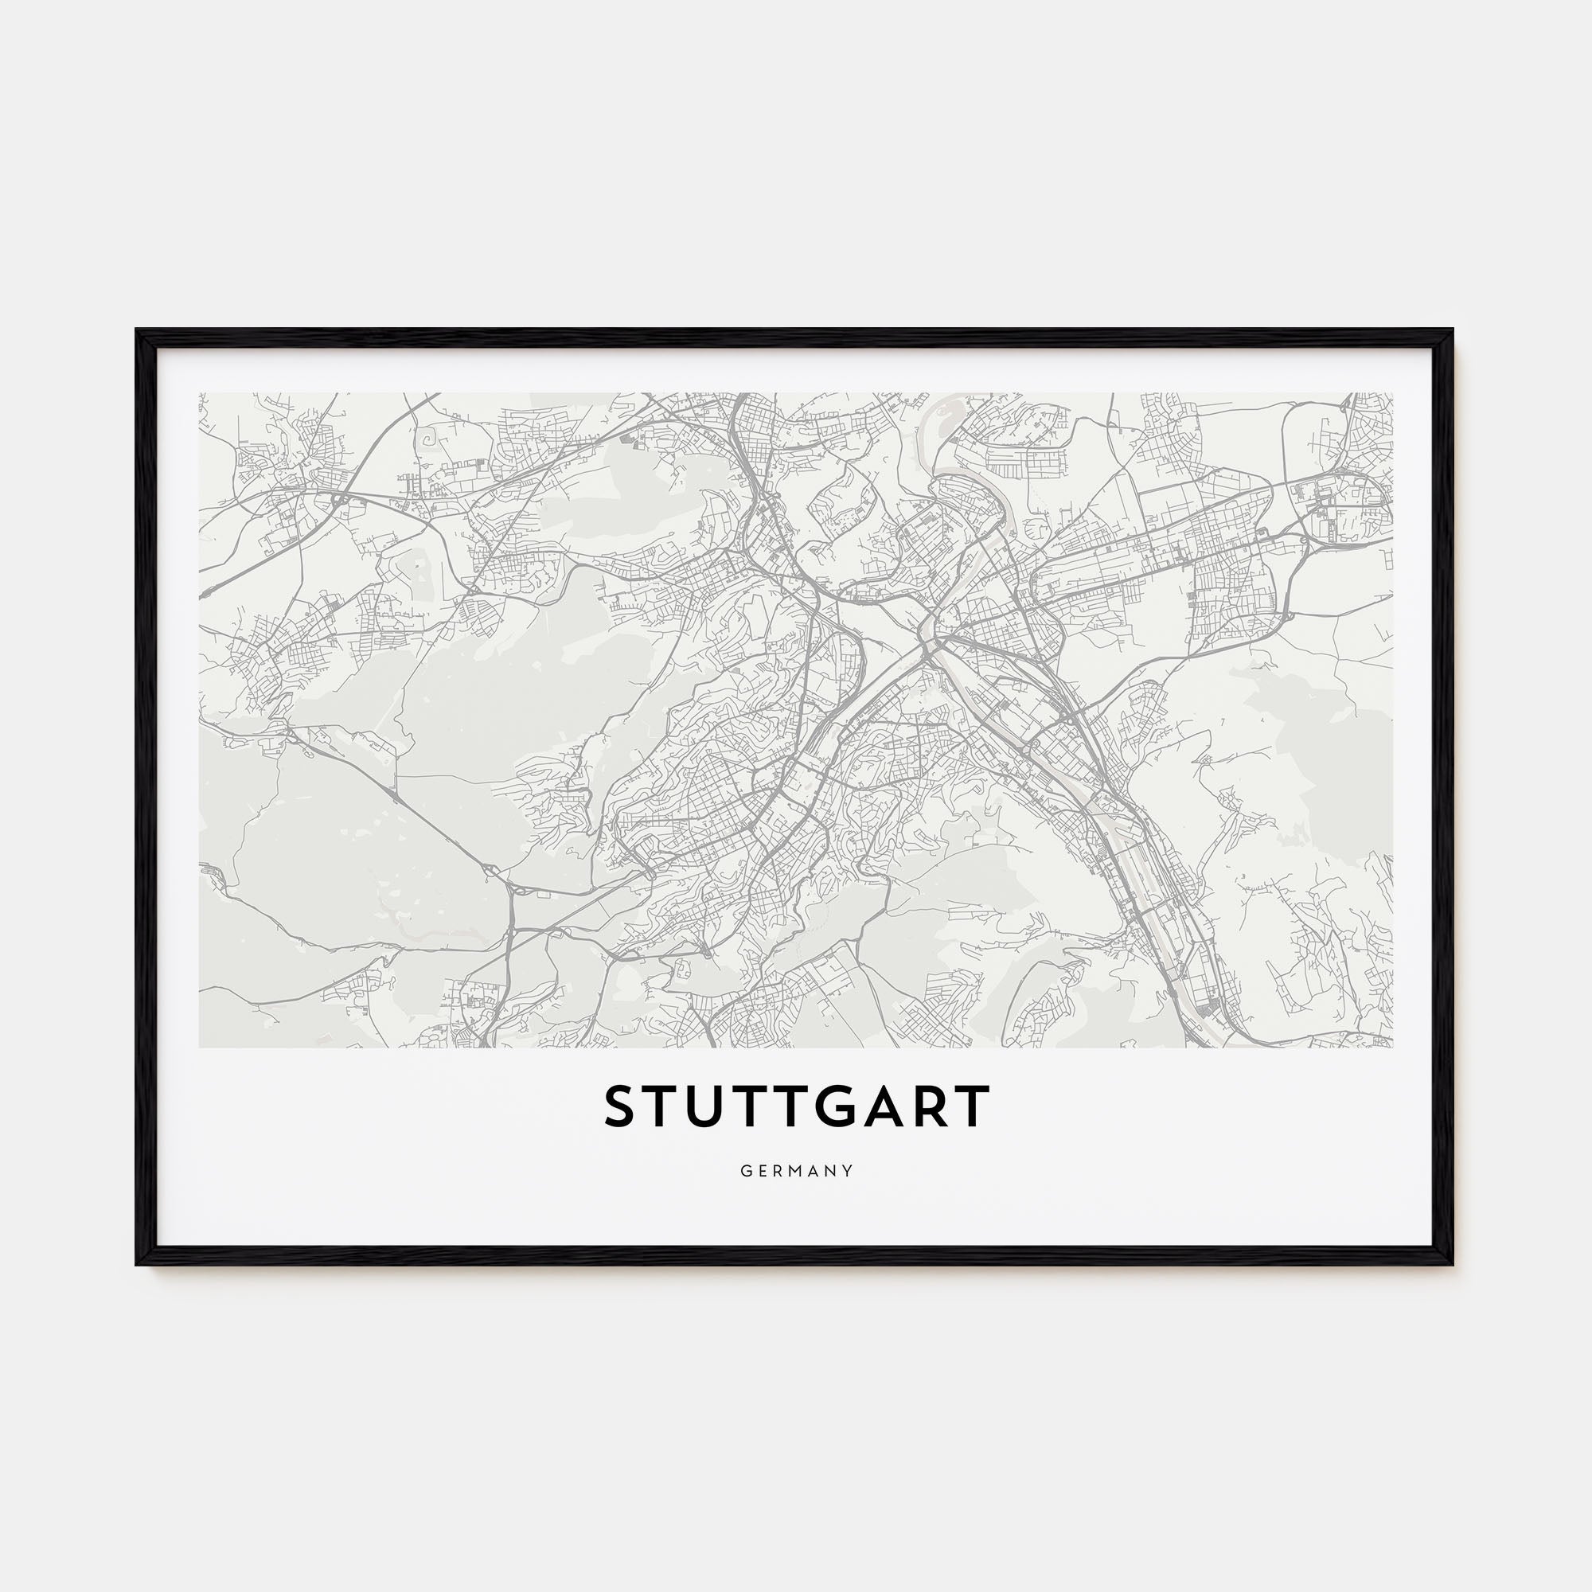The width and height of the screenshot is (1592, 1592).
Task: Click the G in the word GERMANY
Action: pos(746,1171)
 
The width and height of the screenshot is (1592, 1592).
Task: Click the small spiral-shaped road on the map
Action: pos(427,441)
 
